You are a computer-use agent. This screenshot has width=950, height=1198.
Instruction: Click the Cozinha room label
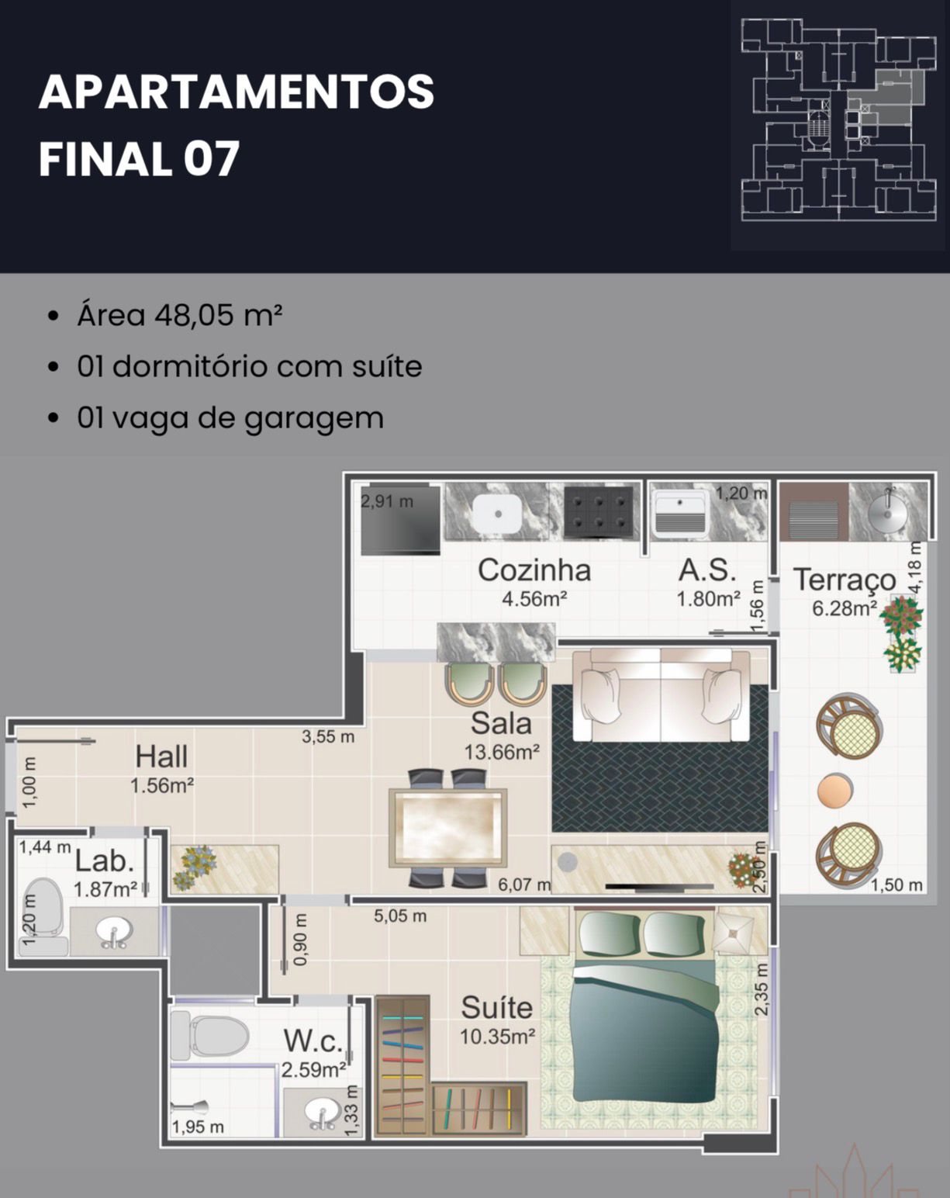point(534,570)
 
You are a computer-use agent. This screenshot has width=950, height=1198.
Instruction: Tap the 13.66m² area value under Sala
point(502,753)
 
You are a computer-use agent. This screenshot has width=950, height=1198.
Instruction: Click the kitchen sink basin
point(498,514)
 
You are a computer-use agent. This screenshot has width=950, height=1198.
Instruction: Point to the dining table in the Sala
point(448,828)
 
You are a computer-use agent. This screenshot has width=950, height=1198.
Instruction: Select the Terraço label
point(845,580)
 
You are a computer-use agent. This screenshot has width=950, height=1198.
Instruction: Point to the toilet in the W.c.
point(209,1035)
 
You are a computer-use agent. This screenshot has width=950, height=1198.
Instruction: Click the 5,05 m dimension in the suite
point(400,916)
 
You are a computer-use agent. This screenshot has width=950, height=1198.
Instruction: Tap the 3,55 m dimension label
point(328,736)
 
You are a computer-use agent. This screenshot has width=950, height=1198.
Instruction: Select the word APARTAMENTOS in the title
point(237,92)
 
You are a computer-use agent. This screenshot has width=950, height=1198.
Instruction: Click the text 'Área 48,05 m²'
point(180,315)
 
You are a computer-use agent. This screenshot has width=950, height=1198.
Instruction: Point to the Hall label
point(161,757)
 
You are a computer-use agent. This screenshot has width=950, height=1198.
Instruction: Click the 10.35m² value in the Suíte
point(497,1037)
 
